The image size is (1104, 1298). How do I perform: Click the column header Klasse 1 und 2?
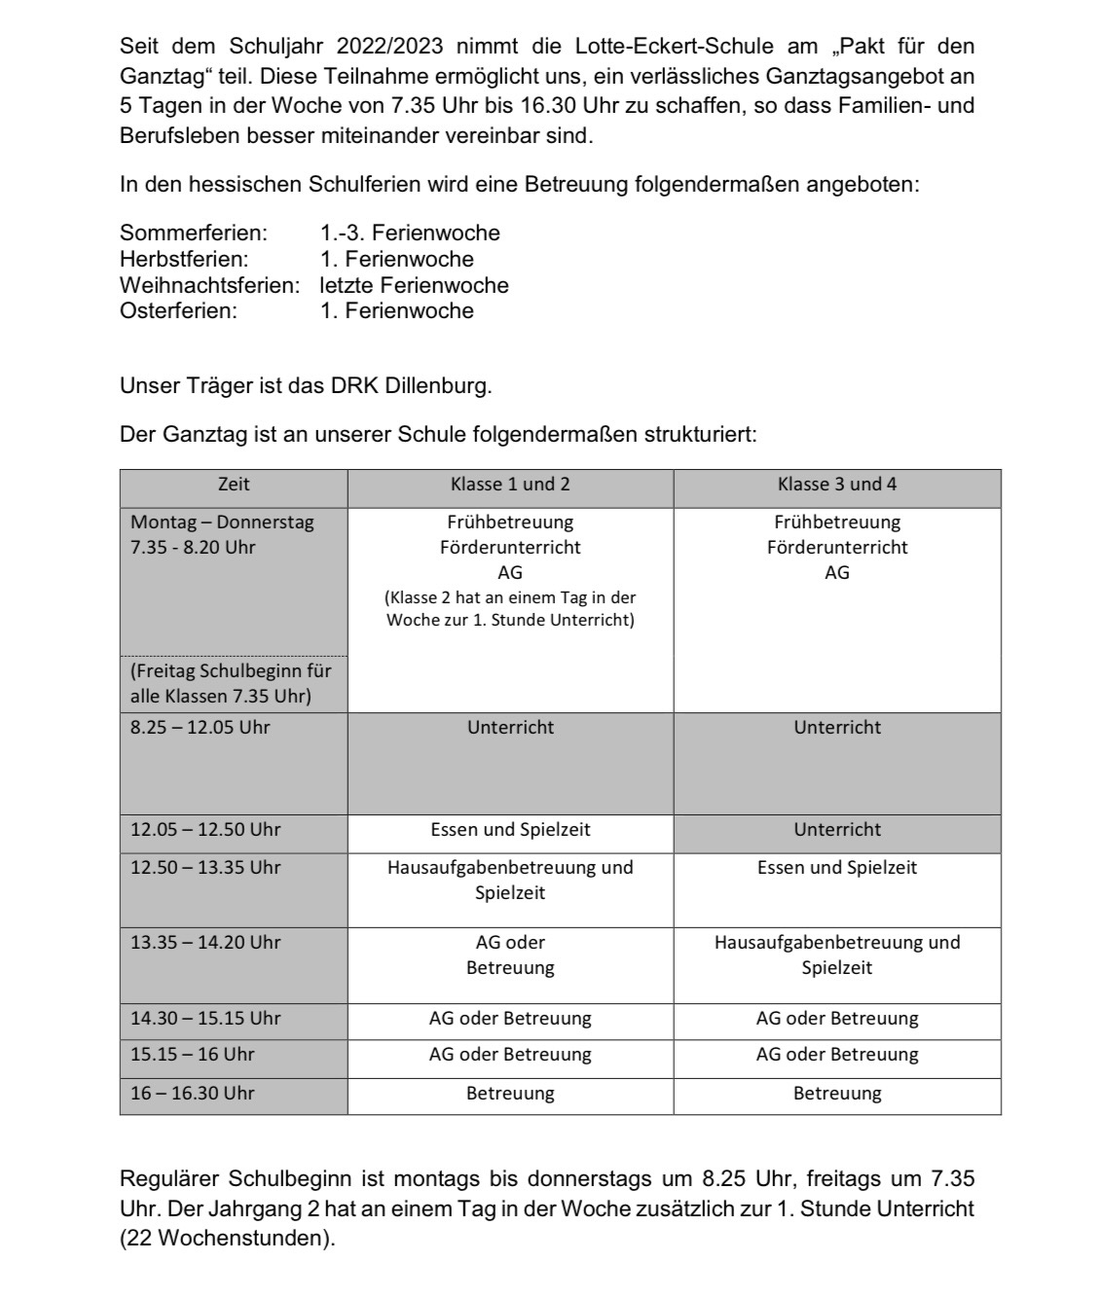[x=510, y=485]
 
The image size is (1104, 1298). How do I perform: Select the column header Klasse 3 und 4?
[x=836, y=485]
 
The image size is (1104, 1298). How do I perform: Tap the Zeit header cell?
[x=234, y=484]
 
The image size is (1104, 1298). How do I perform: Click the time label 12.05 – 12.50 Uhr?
[x=205, y=830]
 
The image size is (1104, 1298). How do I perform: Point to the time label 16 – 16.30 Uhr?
[x=193, y=1094]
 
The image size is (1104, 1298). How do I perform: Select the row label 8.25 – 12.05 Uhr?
[x=201, y=728]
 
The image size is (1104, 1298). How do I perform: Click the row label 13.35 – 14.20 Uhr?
[x=205, y=943]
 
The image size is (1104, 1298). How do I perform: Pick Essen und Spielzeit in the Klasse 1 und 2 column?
[x=510, y=830]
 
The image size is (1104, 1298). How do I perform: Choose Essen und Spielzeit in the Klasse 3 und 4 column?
[x=836, y=868]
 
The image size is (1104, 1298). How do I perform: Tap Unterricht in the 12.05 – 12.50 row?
[x=836, y=830]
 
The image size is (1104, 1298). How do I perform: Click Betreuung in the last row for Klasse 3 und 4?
[x=836, y=1094]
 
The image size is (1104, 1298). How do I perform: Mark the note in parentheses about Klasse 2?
[x=510, y=609]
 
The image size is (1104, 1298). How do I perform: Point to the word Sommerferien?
[x=193, y=234]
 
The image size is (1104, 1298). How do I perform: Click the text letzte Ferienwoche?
[x=414, y=286]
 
